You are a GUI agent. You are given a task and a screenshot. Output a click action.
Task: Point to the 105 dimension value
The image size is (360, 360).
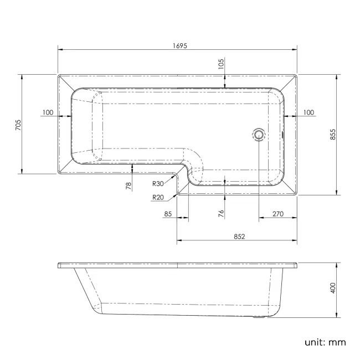point(221,64)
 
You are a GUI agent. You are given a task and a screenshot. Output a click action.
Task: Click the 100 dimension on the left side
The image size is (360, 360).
point(48,112)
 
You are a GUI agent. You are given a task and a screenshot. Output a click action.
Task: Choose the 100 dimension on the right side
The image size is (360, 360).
point(308,112)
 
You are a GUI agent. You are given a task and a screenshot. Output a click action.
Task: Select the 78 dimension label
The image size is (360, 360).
point(128,186)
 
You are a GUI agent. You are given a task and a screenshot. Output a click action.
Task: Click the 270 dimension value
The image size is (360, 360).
point(277,214)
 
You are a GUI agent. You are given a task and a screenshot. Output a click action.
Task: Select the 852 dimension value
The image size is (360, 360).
point(239,236)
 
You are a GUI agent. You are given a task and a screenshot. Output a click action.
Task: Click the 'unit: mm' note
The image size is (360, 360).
point(325,342)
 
